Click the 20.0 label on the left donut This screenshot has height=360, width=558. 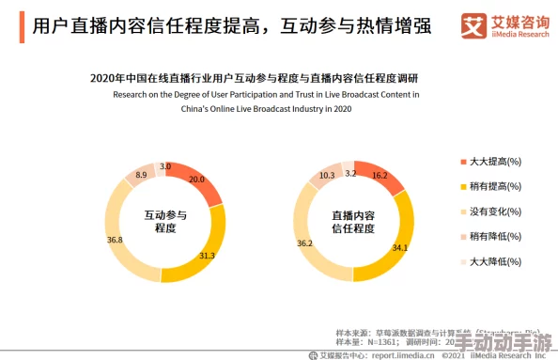(x=196, y=179)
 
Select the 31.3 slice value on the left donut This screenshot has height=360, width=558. (x=208, y=256)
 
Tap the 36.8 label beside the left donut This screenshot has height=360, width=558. (x=115, y=241)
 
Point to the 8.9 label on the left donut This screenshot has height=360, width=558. (x=142, y=176)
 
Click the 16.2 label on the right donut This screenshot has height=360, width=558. (x=380, y=176)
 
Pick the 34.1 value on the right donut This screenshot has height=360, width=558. (x=399, y=248)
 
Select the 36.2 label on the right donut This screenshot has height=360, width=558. (x=304, y=243)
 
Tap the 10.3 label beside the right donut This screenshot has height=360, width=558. (x=327, y=176)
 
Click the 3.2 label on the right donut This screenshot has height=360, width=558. (x=350, y=173)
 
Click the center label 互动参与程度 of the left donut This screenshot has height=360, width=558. (x=164, y=222)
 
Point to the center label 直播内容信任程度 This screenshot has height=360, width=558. (x=353, y=222)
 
